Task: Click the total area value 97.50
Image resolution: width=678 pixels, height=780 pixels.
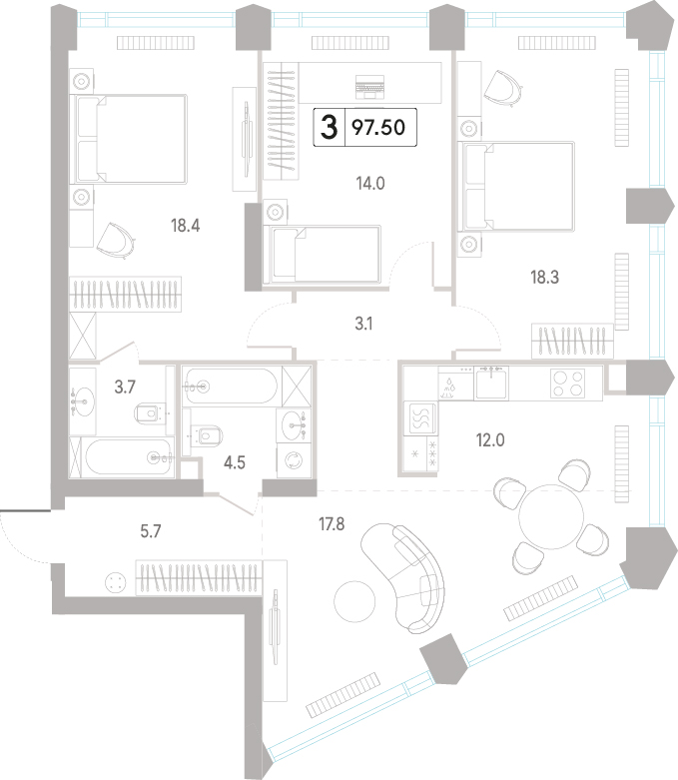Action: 378,128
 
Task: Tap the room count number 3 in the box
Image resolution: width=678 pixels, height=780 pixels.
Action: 329,127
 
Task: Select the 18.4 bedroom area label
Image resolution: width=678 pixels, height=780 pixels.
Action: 185,226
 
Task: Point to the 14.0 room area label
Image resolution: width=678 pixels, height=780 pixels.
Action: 370,184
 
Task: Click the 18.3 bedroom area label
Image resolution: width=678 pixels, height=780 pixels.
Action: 544,277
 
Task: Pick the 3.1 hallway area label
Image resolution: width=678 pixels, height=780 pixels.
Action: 363,324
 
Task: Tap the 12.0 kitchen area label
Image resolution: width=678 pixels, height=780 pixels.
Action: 490,440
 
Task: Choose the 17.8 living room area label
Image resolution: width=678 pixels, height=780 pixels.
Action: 332,523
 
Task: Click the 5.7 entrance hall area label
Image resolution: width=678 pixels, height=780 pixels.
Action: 150,531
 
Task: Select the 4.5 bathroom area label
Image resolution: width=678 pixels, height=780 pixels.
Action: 235,463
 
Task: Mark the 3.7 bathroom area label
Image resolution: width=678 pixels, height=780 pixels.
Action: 125,387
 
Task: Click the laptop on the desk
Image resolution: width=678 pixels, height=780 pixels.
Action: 370,87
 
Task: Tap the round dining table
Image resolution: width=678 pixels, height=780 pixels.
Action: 550,517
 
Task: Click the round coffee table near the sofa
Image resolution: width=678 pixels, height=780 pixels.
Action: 354,601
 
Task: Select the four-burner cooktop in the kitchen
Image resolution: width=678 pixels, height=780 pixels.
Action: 567,384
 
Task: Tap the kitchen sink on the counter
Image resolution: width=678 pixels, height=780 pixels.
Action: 491,384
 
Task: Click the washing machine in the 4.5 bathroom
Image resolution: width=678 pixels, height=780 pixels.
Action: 294,460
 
